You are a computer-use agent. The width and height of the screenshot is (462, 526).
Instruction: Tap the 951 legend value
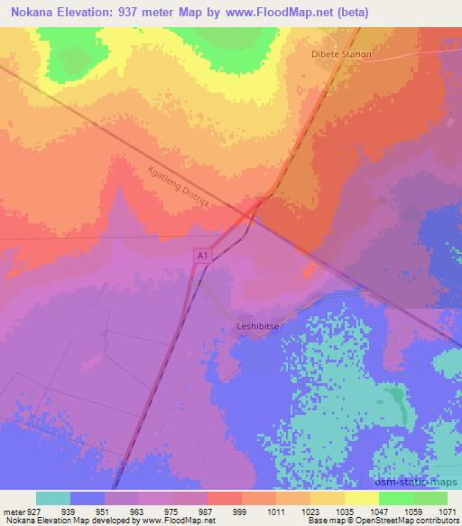pos(106,511)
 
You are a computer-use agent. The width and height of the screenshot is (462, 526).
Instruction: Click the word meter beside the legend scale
pos(13,511)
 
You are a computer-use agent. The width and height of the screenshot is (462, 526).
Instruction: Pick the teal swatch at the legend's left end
pos(53,498)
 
